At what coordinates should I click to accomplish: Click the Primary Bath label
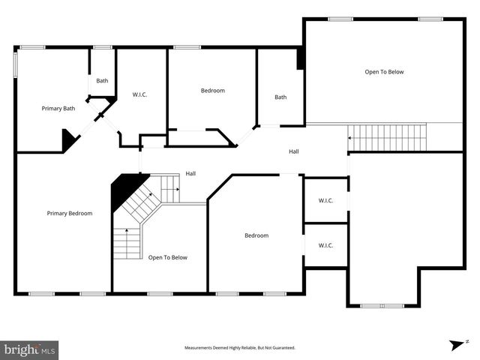click(58, 109)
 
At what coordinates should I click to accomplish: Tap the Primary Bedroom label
click(70, 213)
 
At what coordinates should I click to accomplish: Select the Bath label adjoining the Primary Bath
click(102, 81)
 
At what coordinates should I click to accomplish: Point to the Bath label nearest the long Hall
click(280, 97)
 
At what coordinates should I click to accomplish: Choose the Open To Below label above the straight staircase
click(384, 72)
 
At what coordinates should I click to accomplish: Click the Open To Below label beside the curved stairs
click(168, 257)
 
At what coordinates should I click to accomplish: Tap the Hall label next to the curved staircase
click(191, 174)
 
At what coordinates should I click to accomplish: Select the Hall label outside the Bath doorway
click(294, 151)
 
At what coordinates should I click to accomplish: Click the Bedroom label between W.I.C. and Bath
click(212, 91)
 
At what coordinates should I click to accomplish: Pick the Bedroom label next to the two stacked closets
click(256, 235)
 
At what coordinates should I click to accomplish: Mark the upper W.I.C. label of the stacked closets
click(325, 200)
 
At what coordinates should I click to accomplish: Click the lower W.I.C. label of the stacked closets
click(325, 245)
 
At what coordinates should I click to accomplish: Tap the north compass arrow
click(456, 344)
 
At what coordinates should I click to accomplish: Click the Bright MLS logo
click(30, 349)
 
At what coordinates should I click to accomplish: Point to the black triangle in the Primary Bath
click(68, 140)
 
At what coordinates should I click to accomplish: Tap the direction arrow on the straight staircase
click(349, 137)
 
